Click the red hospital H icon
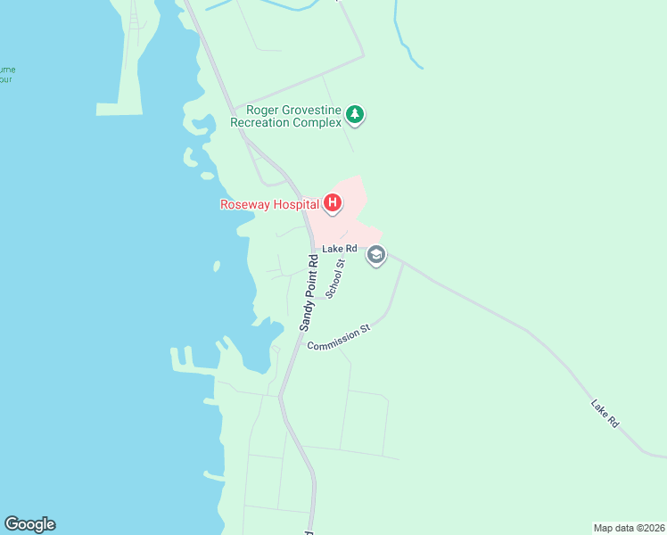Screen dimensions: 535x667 pyautogui.click(x=332, y=204)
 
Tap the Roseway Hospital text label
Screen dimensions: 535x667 pyautogui.click(x=269, y=204)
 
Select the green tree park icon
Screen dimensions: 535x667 pyautogui.click(x=356, y=114)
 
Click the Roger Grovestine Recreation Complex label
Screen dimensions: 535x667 pyautogui.click(x=286, y=116)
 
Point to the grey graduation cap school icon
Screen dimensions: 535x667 pyautogui.click(x=376, y=255)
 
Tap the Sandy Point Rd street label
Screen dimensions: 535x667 pyautogui.click(x=309, y=294)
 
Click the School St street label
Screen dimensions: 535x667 pyautogui.click(x=335, y=279)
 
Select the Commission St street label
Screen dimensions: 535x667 pyautogui.click(x=338, y=338)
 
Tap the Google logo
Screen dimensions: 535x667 pyautogui.click(x=29, y=524)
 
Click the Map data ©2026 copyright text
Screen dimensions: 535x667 pyautogui.click(x=629, y=527)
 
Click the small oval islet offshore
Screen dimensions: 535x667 pyautogui.click(x=217, y=266)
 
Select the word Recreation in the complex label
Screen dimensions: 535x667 pyautogui.click(x=259, y=122)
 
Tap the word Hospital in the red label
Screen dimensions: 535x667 pyautogui.click(x=294, y=204)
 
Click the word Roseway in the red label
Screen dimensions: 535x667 pyautogui.click(x=244, y=204)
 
